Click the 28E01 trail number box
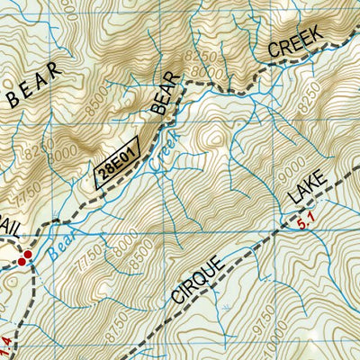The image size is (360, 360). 118,162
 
